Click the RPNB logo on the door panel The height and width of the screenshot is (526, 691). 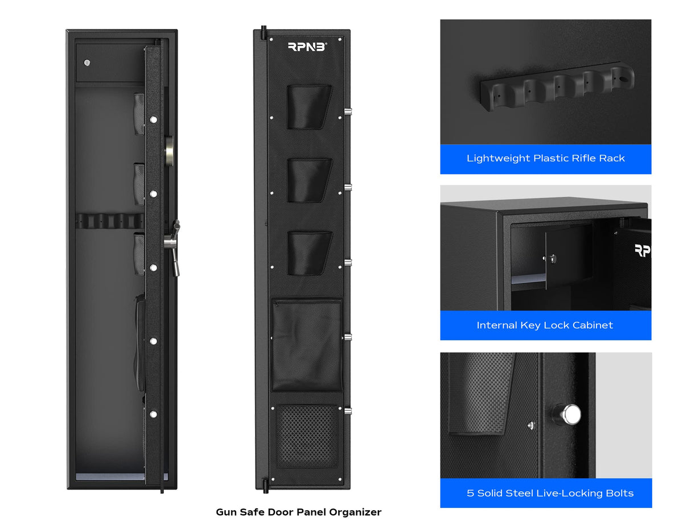point(306,47)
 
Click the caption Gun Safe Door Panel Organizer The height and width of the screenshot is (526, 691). point(298,512)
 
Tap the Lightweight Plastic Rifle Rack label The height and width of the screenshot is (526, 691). point(545,159)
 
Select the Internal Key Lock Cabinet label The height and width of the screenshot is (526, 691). point(545,325)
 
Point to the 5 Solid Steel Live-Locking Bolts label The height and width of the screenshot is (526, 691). point(550,493)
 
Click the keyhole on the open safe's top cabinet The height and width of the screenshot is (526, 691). point(87,63)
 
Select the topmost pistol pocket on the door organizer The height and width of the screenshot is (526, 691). point(309,106)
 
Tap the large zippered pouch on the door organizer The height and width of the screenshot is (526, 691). point(307,345)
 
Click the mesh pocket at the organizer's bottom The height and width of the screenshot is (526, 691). point(307,437)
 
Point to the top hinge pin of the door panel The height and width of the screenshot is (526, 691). point(264,32)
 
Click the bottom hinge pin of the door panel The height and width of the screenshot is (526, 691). point(264,484)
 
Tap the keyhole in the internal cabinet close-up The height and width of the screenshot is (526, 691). point(553,259)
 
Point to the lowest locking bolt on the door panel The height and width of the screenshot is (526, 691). point(347,411)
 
